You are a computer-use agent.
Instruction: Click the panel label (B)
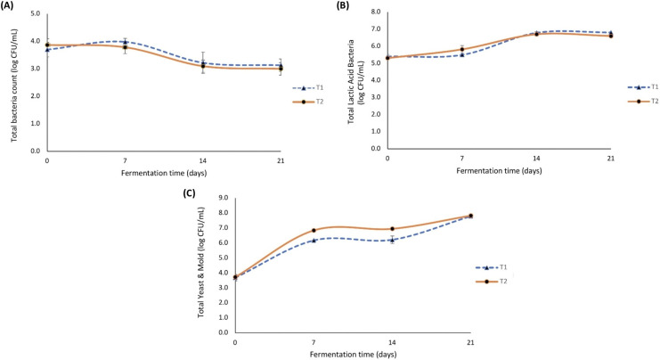coord(339,6)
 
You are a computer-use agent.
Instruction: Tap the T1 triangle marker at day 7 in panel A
coord(126,42)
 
